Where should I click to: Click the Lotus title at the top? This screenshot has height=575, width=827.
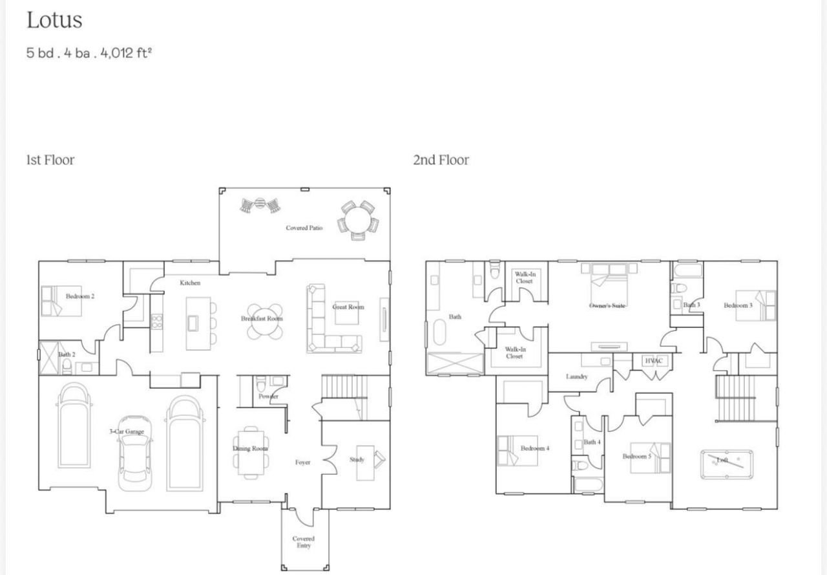point(54,20)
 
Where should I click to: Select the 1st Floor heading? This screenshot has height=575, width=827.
point(50,160)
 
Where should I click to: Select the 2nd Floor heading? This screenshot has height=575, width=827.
point(441,160)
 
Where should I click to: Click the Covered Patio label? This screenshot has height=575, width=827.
point(304,228)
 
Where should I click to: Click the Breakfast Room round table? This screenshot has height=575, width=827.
point(264,321)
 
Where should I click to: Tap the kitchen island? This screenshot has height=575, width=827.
point(198,323)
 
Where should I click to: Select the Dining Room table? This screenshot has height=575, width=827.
point(250,452)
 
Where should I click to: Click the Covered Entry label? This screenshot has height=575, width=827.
point(303,542)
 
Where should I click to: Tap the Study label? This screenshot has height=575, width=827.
point(357,460)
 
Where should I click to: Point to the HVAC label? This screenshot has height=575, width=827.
point(654,361)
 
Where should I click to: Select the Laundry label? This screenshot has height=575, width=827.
point(576,377)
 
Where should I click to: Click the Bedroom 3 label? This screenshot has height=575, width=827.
point(738,305)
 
